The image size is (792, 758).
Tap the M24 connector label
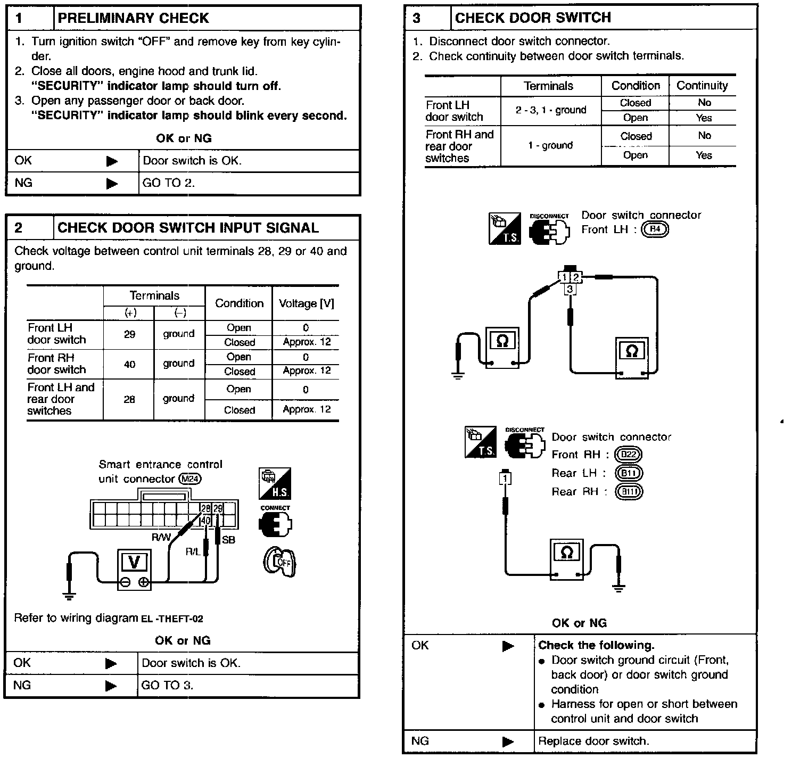(191, 479)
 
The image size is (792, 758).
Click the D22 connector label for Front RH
(628, 455)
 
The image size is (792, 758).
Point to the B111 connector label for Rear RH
(629, 491)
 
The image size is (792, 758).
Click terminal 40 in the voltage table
(129, 364)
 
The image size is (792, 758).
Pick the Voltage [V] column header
(306, 303)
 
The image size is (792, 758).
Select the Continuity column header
(702, 85)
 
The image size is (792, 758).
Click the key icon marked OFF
(279, 561)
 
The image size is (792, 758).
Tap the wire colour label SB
(228, 540)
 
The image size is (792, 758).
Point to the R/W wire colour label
(161, 538)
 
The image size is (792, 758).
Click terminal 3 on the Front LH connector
(570, 289)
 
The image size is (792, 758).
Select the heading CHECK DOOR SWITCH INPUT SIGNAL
(188, 228)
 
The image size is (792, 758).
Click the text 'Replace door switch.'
(593, 741)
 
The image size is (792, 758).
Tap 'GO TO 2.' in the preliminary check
(169, 183)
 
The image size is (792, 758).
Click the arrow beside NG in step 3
(508, 741)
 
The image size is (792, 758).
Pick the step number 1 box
(19, 18)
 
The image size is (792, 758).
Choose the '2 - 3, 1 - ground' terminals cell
(550, 110)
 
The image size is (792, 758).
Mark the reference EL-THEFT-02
(172, 619)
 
